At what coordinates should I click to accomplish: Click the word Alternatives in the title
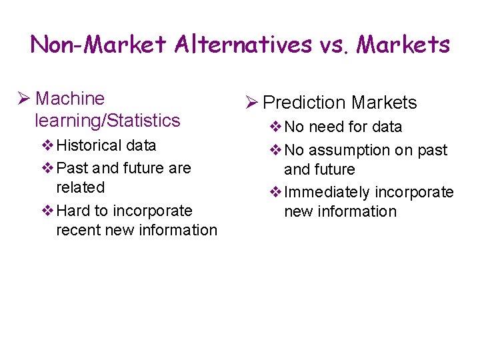click(243, 45)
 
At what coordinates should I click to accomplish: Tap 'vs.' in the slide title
click(334, 45)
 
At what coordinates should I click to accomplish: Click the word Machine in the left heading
click(70, 99)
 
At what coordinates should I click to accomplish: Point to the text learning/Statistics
click(107, 121)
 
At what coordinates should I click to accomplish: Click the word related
click(81, 187)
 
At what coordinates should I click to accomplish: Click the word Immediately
click(327, 193)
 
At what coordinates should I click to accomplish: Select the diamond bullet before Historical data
click(47, 146)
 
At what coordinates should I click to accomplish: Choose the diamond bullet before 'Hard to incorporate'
click(47, 211)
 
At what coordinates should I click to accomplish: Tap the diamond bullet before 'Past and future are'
click(47, 169)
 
